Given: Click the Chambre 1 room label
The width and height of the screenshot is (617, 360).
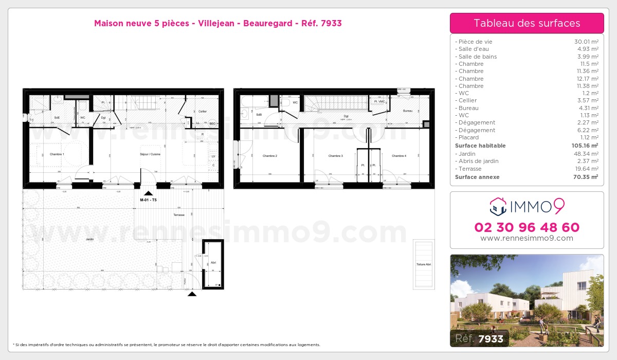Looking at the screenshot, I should [x=57, y=154].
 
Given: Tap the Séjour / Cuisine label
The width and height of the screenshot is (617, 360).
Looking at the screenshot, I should [x=151, y=154].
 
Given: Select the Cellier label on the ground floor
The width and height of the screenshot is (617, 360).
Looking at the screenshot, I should [x=203, y=111].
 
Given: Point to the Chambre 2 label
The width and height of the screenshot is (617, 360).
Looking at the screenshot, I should [x=269, y=156].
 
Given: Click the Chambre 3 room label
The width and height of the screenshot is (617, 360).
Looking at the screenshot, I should [x=335, y=156].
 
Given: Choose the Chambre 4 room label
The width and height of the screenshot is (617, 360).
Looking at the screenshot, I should [x=398, y=156].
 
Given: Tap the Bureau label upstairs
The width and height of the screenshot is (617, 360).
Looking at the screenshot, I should [x=408, y=111].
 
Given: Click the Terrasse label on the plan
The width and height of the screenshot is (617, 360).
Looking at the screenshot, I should [x=178, y=215].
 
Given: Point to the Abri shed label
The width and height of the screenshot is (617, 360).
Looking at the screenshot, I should [x=213, y=262].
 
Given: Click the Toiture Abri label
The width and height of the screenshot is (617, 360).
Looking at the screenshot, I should [x=424, y=264].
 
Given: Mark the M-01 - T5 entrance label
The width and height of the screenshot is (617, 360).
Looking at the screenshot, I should [x=148, y=200].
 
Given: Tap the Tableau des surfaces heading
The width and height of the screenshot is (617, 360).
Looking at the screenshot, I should [x=527, y=23].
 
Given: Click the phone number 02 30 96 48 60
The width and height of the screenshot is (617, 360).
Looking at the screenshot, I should [x=527, y=227].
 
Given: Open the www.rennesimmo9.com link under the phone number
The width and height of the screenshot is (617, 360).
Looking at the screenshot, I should [x=527, y=238].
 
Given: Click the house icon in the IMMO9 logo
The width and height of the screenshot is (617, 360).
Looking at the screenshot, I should [x=497, y=207].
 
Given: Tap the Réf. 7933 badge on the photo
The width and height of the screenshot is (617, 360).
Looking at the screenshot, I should [x=480, y=338].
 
